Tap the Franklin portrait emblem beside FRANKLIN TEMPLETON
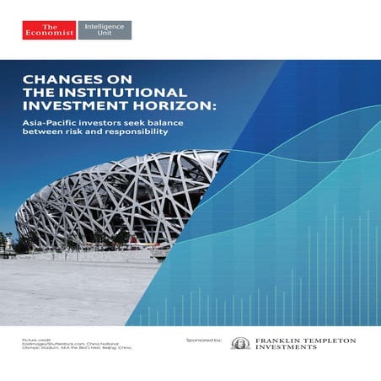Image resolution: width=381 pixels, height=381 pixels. point(241,343)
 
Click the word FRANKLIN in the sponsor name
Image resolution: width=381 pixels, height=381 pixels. point(279,341)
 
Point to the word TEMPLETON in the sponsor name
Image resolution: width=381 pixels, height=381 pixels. point(330,341)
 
